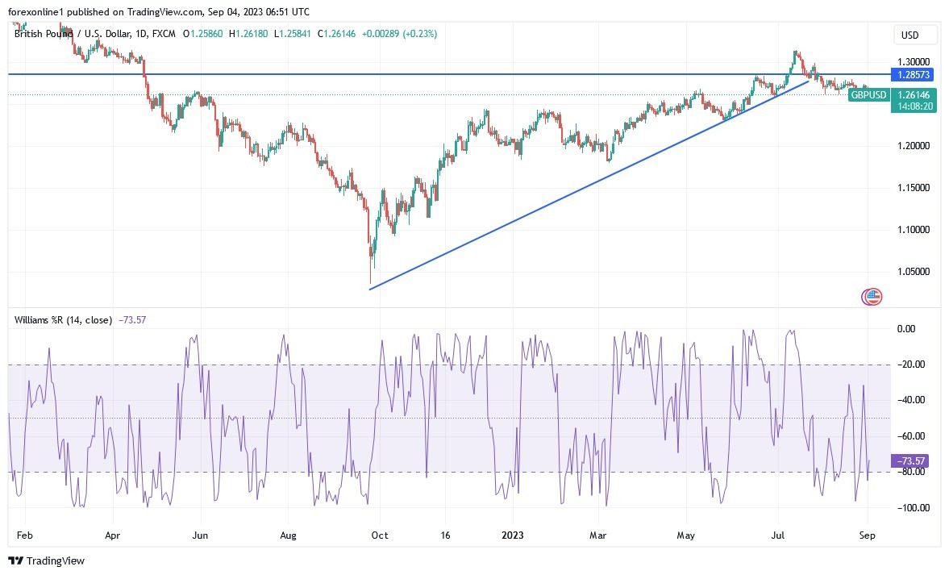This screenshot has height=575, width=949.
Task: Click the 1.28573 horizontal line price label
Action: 914,74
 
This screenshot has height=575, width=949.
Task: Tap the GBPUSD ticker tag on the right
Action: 869,95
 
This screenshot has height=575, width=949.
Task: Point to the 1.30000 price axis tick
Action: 914,61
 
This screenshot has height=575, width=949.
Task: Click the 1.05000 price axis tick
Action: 914,272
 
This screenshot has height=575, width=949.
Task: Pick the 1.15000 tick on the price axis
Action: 914,188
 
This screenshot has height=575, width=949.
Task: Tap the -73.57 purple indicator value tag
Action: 914,460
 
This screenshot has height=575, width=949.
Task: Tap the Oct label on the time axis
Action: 380,535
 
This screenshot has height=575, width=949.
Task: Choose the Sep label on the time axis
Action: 868,535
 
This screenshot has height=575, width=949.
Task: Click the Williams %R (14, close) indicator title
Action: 63,320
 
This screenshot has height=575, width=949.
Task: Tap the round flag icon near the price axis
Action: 872,297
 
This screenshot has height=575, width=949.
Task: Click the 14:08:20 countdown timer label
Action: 914,106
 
